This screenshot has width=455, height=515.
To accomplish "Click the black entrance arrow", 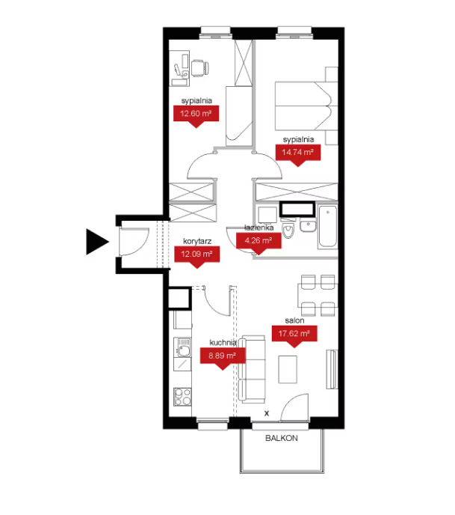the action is coord(95,242).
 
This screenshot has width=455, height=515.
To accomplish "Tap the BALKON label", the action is coord(281,438).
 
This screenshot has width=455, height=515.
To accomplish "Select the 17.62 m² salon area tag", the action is coord(294,335).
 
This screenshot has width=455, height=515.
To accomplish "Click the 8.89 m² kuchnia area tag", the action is coord(223,358).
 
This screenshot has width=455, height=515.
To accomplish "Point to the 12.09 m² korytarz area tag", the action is coord(196,256).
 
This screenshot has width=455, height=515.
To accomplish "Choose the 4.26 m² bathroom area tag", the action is coord(259,243).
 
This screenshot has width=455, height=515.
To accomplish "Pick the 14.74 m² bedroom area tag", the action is coord(297,154).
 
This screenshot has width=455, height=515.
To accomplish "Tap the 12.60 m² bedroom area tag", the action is coord(196,115).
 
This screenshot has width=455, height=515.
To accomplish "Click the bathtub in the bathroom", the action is coord(327,226).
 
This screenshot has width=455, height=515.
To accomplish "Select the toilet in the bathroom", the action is coord(288,230).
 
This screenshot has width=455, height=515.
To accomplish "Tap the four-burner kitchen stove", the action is coord(182,397).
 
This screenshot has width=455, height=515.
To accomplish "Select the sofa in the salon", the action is coord(252,369).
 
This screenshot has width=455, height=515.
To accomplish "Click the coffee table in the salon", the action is coord(288,369).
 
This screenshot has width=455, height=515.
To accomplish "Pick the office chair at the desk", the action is coord(200,68).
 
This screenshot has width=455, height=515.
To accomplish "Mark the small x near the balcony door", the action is coord(267,413).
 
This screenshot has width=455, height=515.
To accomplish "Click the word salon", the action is coord(294,320).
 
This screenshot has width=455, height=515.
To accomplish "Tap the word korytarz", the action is coord(197,241).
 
